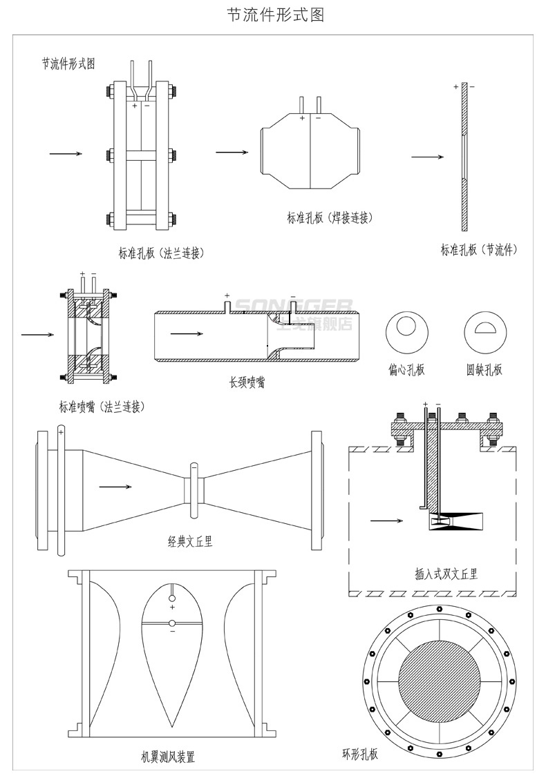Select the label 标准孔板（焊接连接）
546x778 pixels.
[x=330, y=218]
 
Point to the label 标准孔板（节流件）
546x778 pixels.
[x=479, y=249]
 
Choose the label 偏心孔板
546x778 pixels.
[x=406, y=369]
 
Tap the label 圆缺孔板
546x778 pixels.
[x=484, y=369]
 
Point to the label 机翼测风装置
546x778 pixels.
[x=167, y=757]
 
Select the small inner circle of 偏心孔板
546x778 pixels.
[x=406, y=324]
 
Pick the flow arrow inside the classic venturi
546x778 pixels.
[x=115, y=487]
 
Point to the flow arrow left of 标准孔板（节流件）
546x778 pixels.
[x=427, y=157]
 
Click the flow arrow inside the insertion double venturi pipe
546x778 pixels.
[x=386, y=520]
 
